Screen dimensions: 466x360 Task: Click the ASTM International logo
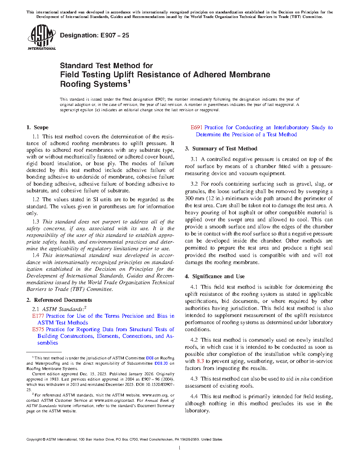pos(41,37)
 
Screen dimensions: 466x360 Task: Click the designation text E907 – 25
pos(94,35)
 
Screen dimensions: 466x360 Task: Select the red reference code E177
pos(38,316)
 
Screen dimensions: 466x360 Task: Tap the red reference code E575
pos(38,329)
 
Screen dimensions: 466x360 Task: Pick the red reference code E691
pos(197,127)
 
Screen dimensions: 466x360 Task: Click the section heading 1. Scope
pos(37,127)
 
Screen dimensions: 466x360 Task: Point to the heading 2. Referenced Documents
pos(59,300)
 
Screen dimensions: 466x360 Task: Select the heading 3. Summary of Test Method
pos(221,149)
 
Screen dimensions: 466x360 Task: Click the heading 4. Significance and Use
pos(215,276)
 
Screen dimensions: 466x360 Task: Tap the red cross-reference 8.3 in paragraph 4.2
pos(200,361)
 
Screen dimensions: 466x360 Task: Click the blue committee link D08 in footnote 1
pos(150,358)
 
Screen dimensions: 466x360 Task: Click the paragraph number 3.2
pos(194,184)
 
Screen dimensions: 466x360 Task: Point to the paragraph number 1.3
pos(36,222)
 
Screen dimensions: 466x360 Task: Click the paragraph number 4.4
pos(194,396)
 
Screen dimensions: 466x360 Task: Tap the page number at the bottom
pos(180,448)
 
